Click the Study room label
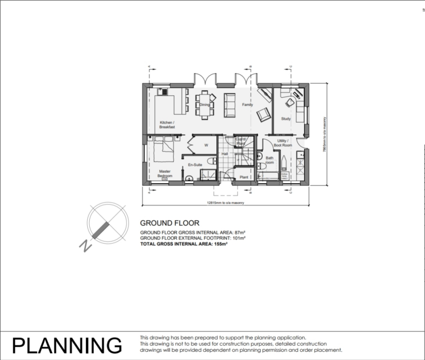coord(286,119)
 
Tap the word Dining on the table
coord(205,105)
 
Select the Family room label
coord(247,105)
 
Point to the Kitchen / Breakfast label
coord(167,125)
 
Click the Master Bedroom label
coord(164,174)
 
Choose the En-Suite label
coord(195,165)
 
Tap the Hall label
coord(225,154)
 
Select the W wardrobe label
coord(205,145)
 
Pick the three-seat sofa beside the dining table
coord(230,105)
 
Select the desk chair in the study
coord(289,102)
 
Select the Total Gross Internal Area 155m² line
coord(184,244)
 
